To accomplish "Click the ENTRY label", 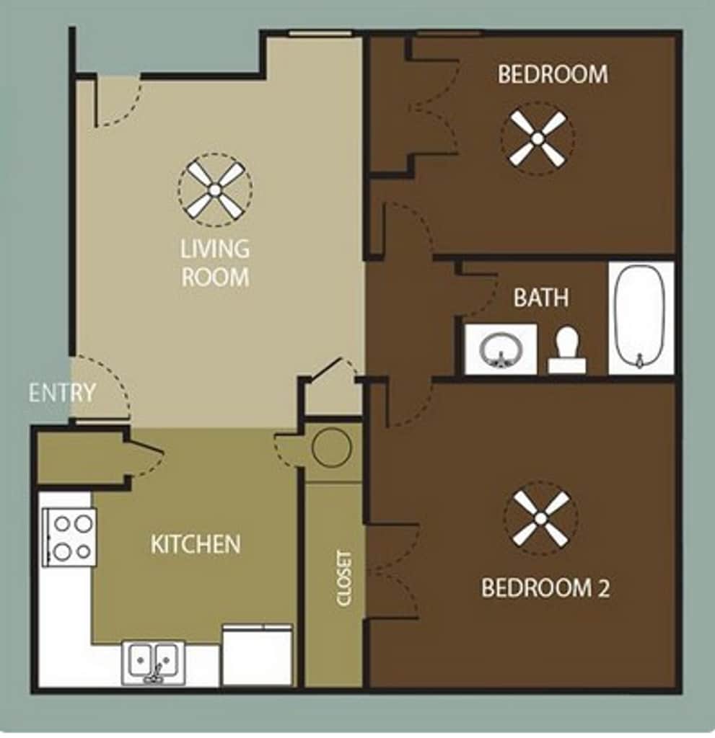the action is pos(62,393).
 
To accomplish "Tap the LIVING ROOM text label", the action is pos(215,263).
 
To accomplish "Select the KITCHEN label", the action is pos(196,544).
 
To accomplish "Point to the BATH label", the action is pos(540,298).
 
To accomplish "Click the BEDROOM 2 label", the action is pos(545,588).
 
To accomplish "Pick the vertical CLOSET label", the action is pos(344,579).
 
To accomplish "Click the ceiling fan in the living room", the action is pos(215,190).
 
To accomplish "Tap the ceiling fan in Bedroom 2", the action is pos(540,518).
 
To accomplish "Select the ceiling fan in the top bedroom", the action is pos(538,138).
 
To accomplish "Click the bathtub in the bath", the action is pos(640,318).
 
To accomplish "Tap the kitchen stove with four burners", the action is pos(70,536).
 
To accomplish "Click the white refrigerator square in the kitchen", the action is pos(258,656).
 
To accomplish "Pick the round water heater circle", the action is pos(332,447).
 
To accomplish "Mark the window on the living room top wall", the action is pos(320,33).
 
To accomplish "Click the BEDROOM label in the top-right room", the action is pos(553,74).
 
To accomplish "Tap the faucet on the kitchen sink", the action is pos(155,674).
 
